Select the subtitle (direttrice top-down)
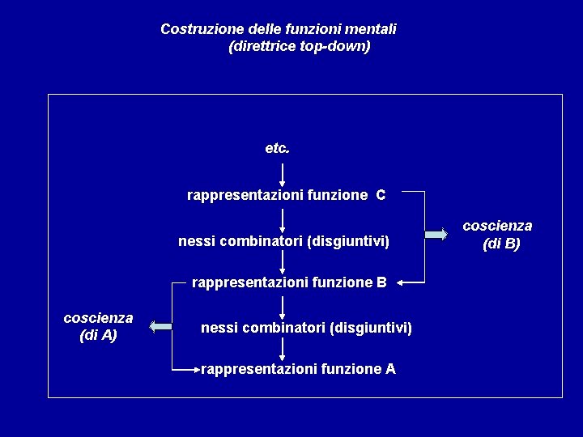pos(300,46)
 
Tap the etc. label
pos(277,149)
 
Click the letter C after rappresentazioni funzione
pos(381,195)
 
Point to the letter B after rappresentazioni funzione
pos(381,282)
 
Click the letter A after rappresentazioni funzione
pos(390,369)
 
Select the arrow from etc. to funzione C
pos(283,174)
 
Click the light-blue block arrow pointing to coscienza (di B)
pos(436,234)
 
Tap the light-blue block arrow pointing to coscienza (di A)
pos(161,326)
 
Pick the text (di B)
pos(501,244)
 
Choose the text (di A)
pos(98,335)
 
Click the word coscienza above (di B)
pos(497,226)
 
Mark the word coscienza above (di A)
pos(98,318)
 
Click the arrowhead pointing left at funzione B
pos(402,282)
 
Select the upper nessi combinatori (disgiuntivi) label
pos(283,241)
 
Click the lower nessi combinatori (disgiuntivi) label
pos(306,328)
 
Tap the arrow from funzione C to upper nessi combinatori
pos(283,219)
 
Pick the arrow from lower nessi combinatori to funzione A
pos(283,349)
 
